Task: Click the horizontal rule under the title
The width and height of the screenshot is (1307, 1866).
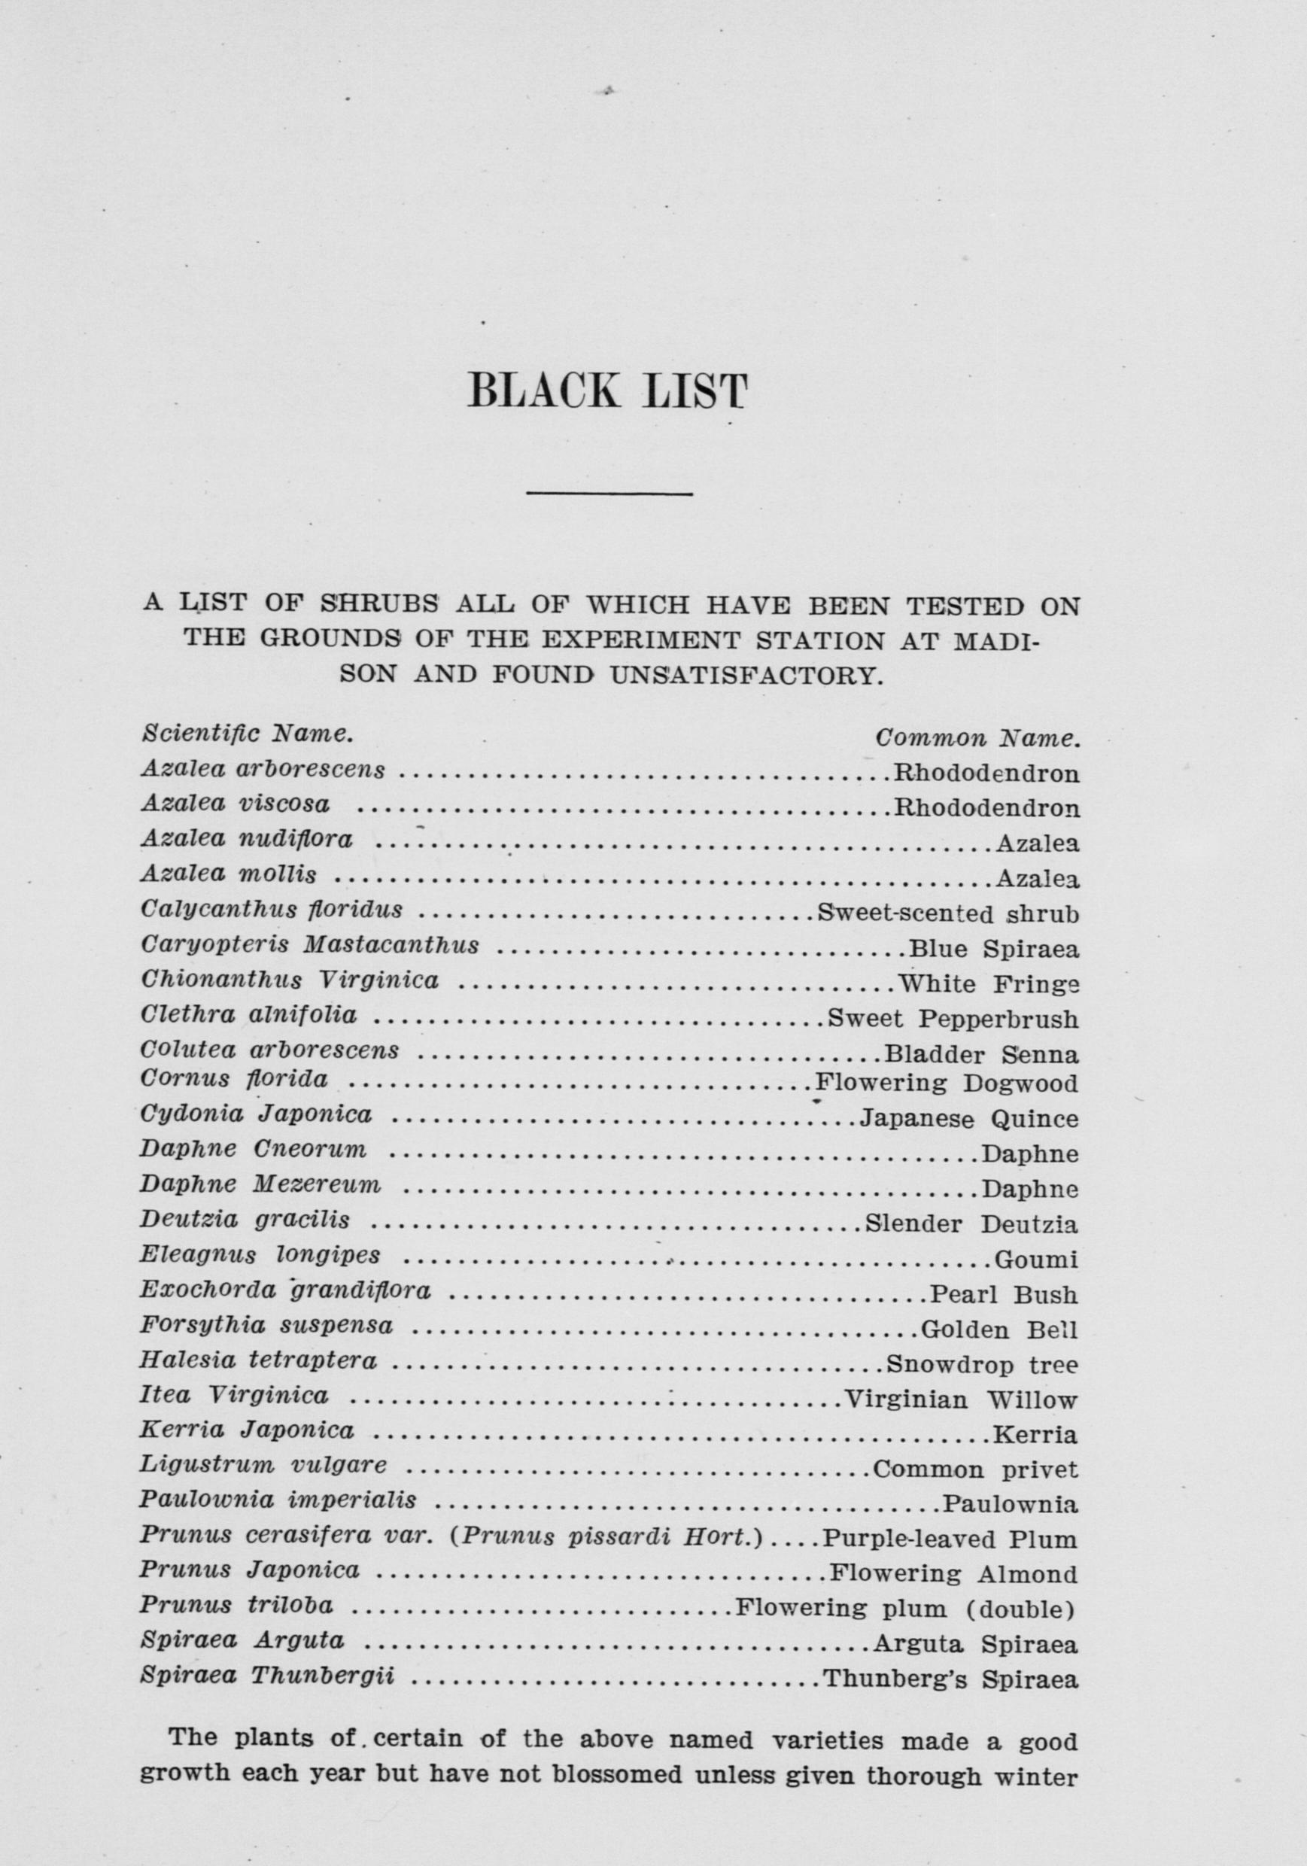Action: pos(609,493)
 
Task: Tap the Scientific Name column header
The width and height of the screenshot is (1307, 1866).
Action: pos(247,734)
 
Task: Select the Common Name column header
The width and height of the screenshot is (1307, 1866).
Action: pos(977,739)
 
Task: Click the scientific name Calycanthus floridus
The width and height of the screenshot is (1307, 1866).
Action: pos(272,910)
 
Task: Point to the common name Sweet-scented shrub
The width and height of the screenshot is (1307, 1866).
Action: pos(948,913)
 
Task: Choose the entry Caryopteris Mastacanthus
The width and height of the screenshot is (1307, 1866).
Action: pos(310,945)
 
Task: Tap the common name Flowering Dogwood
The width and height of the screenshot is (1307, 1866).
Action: pos(946,1083)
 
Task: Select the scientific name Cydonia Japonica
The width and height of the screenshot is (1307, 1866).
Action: pos(256,1114)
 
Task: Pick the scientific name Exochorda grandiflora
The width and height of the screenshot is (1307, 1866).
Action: pos(285,1290)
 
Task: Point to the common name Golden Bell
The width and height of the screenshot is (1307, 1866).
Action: pos(999,1330)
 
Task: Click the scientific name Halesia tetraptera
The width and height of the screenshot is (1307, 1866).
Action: pos(259,1360)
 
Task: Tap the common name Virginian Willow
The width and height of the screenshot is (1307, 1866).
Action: pos(961,1399)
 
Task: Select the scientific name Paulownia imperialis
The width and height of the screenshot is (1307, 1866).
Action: pos(278,1500)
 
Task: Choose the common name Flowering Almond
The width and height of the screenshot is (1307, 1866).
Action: pos(953,1573)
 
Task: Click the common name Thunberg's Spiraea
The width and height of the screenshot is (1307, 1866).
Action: pos(950,1679)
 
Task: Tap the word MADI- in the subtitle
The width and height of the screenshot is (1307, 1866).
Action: pos(996,641)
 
